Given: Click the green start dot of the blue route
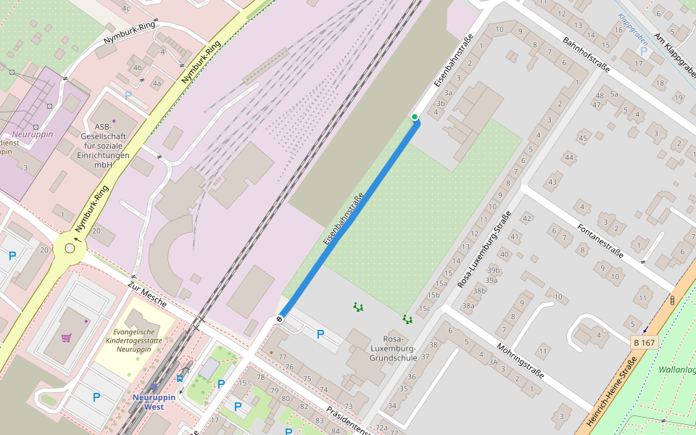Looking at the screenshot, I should [x=415, y=117].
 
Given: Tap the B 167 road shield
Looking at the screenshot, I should [x=644, y=342].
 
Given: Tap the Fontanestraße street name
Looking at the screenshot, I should [x=600, y=241].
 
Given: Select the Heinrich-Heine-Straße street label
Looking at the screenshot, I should [x=611, y=391].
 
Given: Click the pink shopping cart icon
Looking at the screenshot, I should [x=67, y=337].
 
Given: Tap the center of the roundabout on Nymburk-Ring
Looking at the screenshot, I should [x=70, y=248].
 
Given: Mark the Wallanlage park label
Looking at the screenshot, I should [x=677, y=370].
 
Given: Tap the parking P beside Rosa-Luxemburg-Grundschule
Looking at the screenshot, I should [x=320, y=334].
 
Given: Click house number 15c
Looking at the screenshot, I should [x=424, y=308].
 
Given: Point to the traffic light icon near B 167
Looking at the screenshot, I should [x=672, y=300].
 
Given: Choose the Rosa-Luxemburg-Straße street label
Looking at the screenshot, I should [x=485, y=249].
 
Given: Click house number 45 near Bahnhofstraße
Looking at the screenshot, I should [x=582, y=138].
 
